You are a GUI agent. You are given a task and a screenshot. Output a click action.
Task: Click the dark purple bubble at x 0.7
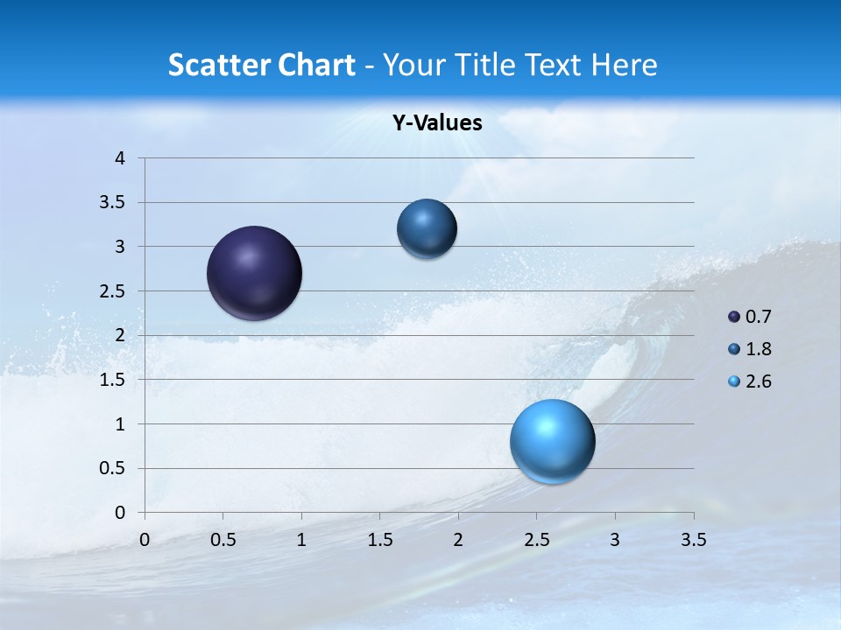254,273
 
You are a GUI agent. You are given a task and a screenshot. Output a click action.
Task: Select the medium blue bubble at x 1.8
427,228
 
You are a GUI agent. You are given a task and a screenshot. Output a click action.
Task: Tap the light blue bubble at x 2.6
552,441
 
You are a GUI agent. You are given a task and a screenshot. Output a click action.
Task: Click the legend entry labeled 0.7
751,317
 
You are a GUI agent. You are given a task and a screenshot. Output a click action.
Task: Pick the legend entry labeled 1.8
751,349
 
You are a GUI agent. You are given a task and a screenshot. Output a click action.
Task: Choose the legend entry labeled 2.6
751,381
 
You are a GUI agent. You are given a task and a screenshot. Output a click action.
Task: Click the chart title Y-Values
437,123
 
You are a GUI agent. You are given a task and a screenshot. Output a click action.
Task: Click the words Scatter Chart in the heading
261,65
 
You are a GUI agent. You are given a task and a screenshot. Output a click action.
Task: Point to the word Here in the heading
624,65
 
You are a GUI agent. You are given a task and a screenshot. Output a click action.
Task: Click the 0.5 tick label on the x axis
223,540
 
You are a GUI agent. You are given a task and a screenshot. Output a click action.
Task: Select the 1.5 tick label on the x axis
379,540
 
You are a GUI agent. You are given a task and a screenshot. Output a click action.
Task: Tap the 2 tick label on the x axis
458,540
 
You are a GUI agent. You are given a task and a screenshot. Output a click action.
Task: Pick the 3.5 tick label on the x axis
693,540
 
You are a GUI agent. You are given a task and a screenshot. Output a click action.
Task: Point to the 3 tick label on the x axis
615,540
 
